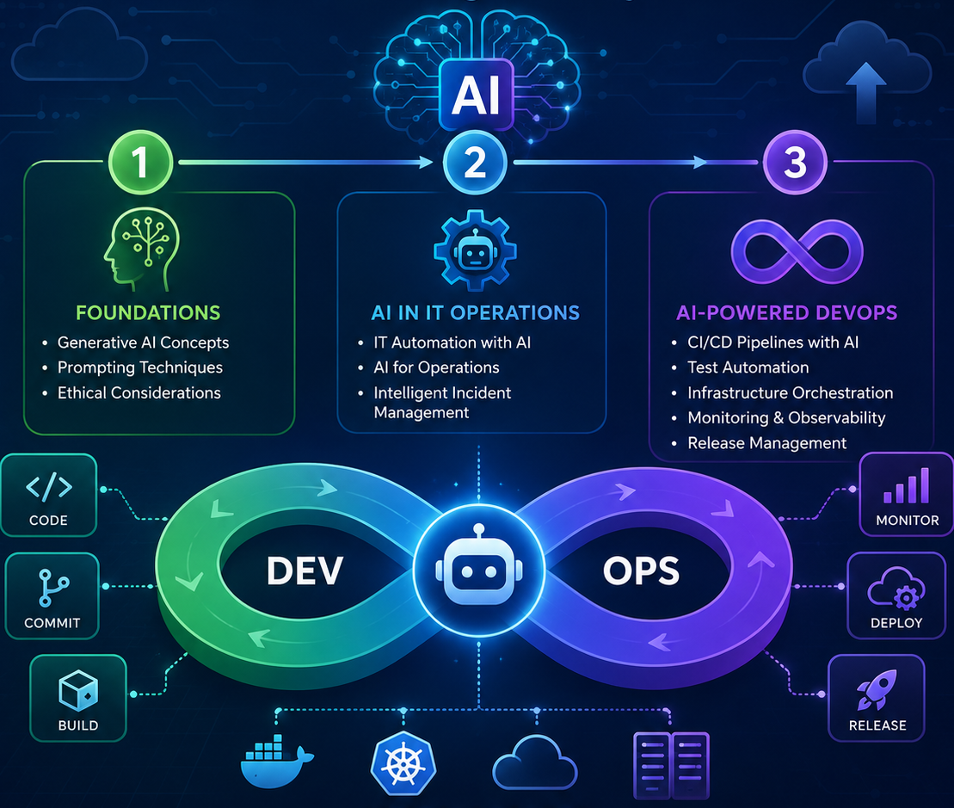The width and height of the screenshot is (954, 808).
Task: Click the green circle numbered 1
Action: (140, 163)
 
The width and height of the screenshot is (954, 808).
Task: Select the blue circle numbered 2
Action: (475, 163)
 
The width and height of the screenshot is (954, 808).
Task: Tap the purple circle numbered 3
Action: (795, 163)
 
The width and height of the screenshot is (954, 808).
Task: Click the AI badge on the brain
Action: (477, 95)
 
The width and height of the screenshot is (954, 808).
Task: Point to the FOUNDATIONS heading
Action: (148, 312)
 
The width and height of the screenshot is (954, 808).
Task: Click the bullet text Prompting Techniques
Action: (140, 367)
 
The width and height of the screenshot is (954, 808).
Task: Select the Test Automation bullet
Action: (748, 367)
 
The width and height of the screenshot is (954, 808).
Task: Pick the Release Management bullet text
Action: (766, 443)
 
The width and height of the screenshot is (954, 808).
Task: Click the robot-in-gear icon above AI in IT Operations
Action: (475, 250)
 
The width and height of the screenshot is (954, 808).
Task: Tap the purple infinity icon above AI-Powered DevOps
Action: (797, 252)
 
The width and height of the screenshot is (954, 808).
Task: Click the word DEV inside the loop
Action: (305, 571)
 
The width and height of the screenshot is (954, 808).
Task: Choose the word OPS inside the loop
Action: (641, 571)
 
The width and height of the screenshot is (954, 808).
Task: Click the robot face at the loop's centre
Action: (479, 571)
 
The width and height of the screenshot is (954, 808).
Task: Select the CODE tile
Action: (49, 496)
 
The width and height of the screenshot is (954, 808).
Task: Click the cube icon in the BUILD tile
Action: (78, 691)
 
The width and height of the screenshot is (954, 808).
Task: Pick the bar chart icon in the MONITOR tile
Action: (907, 485)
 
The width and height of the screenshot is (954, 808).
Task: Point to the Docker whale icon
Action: (277, 762)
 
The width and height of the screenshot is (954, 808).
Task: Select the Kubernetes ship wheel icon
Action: (403, 763)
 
